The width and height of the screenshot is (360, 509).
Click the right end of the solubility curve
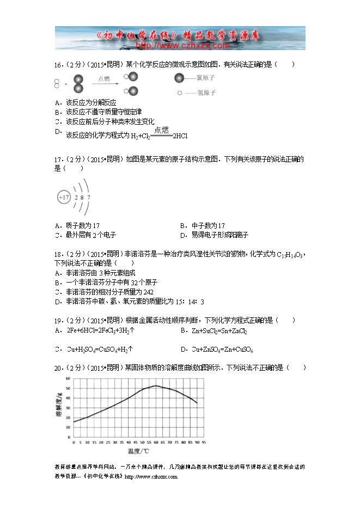tap(197, 403)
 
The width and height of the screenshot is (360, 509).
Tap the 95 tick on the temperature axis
tap(203, 443)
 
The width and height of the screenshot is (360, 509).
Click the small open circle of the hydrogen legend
tap(180, 93)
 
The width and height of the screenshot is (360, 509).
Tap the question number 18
tap(58, 254)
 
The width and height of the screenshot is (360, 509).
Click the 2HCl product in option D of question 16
tap(180, 136)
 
